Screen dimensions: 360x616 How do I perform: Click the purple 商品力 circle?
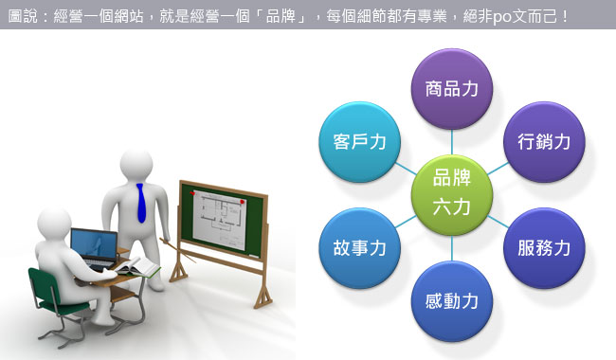pos(451,92)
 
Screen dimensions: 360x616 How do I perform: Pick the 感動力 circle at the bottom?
pos(451,302)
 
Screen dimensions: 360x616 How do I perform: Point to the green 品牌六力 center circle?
pos(451,190)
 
